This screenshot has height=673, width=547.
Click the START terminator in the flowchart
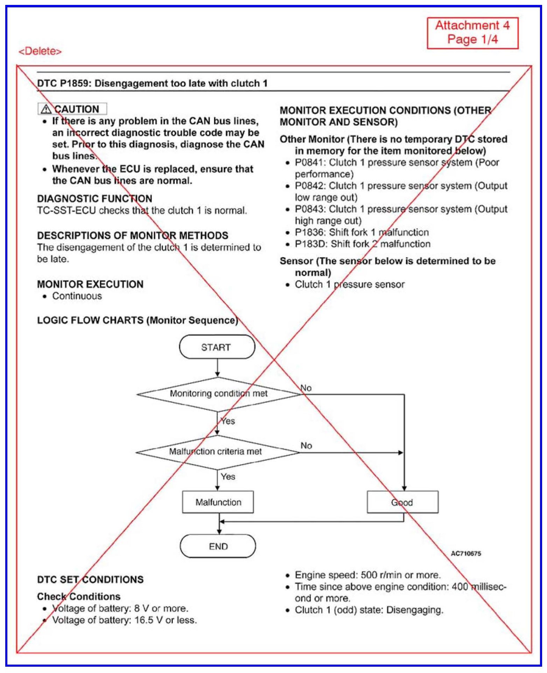click(x=217, y=347)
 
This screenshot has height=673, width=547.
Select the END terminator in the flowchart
click(x=218, y=546)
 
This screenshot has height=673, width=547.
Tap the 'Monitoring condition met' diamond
click(x=218, y=394)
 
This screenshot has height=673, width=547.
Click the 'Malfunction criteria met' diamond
click(x=217, y=452)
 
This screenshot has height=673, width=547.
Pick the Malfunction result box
click(x=218, y=502)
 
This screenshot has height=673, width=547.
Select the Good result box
click(x=402, y=502)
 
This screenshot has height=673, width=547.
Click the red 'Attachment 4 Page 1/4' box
click(x=472, y=33)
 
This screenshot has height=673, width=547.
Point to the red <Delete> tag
click(x=40, y=51)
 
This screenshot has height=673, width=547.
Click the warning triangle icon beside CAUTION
click(x=46, y=109)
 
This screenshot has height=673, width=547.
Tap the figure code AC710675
click(x=466, y=554)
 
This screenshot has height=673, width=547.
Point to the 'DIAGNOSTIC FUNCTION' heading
click(x=95, y=199)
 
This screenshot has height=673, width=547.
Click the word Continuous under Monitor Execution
click(x=77, y=296)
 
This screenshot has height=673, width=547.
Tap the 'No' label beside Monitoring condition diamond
click(x=306, y=388)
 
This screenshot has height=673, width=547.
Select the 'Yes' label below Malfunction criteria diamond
click(x=228, y=476)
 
